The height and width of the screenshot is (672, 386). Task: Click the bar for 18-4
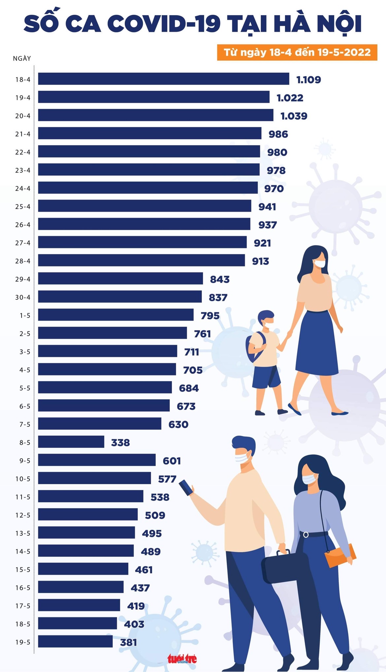coord(163,79)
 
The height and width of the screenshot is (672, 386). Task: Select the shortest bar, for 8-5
coord(71,442)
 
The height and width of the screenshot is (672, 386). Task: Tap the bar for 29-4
coord(120,278)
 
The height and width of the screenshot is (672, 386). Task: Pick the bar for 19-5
coord(75,641)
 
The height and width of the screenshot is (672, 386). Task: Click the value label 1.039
coord(294,116)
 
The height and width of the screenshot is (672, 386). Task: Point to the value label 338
coord(120,442)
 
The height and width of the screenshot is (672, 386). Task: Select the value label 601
coord(172,461)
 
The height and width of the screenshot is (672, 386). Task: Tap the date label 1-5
coord(25,316)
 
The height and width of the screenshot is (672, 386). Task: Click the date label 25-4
coord(23,207)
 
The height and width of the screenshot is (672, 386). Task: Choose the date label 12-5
coord(23,515)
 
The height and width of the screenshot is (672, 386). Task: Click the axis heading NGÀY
coord(22,58)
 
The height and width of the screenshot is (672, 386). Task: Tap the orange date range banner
coord(297,52)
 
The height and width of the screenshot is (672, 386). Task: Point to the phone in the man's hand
coord(186,487)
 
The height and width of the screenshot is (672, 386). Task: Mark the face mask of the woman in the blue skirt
coord(319,263)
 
